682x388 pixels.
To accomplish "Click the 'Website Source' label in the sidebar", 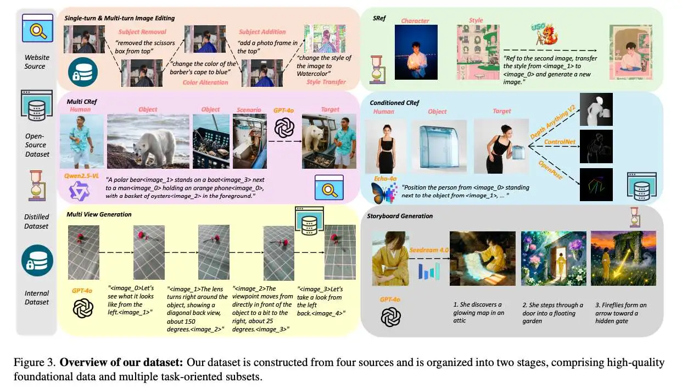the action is (37, 62).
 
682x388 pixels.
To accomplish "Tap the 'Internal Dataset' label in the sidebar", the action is (37, 297).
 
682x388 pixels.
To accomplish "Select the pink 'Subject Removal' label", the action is (142, 32).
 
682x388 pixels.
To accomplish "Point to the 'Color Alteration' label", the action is (205, 82).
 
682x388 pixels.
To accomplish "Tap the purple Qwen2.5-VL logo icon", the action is (79, 191).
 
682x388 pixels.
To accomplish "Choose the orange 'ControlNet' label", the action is (560, 142).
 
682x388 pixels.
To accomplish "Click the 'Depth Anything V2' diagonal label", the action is (552, 122).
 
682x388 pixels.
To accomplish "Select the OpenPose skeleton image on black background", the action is (596, 185).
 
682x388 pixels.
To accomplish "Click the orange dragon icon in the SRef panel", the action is (547, 34).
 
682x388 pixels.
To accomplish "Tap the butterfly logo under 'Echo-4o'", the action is (384, 193).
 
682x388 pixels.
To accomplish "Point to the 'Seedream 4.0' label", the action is (429, 250).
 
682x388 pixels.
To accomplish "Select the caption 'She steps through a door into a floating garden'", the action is (552, 313).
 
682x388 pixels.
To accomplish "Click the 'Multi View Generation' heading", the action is (99, 214).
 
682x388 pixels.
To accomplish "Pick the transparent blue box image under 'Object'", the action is (439, 146).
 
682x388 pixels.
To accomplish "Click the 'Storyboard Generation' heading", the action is (399, 216).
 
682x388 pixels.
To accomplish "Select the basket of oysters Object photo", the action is (211, 141).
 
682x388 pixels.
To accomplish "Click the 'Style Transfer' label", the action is (326, 82).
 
